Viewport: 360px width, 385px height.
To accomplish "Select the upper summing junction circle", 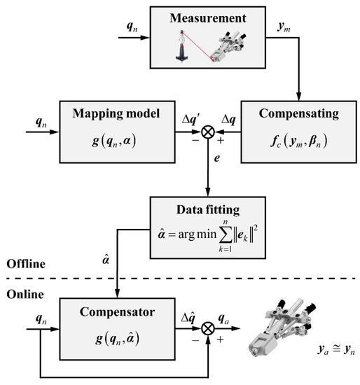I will click(x=209, y=131).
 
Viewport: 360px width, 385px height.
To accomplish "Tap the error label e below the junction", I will click(x=217, y=160).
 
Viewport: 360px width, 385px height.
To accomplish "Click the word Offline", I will click(x=25, y=264).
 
